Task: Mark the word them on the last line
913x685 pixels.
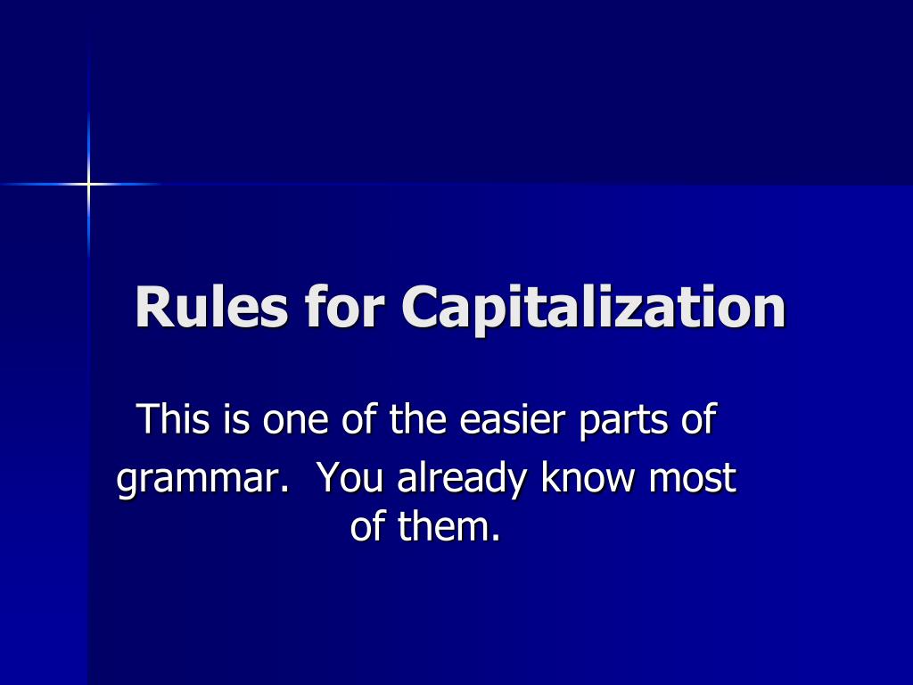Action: (445, 527)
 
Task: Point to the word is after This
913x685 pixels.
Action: (237, 418)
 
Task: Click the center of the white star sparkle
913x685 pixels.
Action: (88, 184)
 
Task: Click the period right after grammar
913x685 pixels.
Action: (285, 490)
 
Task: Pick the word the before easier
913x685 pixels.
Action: (419, 418)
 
